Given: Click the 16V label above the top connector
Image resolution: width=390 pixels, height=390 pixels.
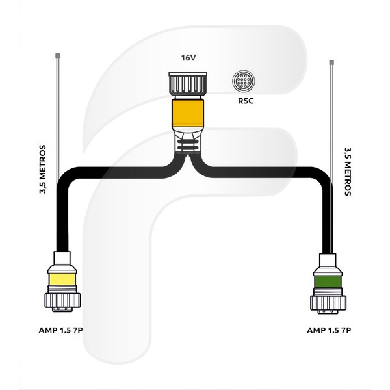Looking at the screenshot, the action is click(x=188, y=58).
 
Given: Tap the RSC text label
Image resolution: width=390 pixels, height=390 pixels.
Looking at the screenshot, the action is click(x=246, y=101).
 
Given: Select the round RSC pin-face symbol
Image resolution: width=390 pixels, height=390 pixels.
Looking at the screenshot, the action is click(x=244, y=81).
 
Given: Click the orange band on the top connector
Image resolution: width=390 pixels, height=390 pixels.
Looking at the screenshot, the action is click(x=188, y=113).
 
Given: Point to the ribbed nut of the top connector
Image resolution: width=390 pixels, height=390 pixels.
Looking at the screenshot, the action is click(x=188, y=84).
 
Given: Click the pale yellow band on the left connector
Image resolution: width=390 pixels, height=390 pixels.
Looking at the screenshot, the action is click(x=62, y=279).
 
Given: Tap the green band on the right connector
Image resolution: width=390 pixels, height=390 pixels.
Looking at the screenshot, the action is click(x=328, y=281).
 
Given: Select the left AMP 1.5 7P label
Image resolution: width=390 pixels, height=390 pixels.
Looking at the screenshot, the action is click(x=60, y=330).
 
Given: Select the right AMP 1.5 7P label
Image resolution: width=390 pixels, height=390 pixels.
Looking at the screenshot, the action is click(x=329, y=330).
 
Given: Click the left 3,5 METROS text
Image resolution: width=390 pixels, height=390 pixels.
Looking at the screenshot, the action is click(x=43, y=169).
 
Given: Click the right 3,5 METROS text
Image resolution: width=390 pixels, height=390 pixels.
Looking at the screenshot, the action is click(x=348, y=172).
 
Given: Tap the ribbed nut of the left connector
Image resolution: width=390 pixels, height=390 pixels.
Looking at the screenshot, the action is click(x=62, y=300).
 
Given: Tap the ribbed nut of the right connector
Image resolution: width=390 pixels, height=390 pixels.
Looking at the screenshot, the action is click(x=328, y=303).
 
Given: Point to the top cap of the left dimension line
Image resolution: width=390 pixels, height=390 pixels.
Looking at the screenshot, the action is click(x=58, y=55).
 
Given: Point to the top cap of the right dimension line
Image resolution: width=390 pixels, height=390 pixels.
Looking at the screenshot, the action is click(x=331, y=62).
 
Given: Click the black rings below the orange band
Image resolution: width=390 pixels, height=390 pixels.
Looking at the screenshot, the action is click(x=188, y=144).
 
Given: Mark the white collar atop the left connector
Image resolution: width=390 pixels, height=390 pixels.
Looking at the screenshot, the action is click(x=62, y=258).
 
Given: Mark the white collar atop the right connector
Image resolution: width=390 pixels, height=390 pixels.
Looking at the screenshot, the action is click(x=328, y=261).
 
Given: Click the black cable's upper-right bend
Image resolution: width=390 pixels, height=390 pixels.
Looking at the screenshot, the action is click(x=323, y=177).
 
